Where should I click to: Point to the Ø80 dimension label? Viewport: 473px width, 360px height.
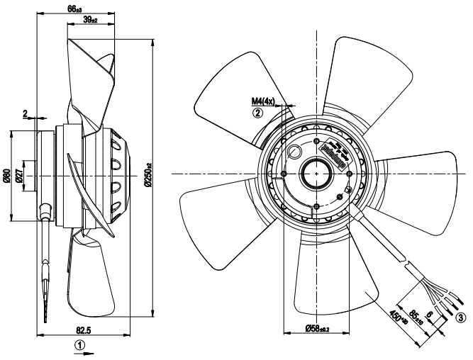[x=7, y=174]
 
